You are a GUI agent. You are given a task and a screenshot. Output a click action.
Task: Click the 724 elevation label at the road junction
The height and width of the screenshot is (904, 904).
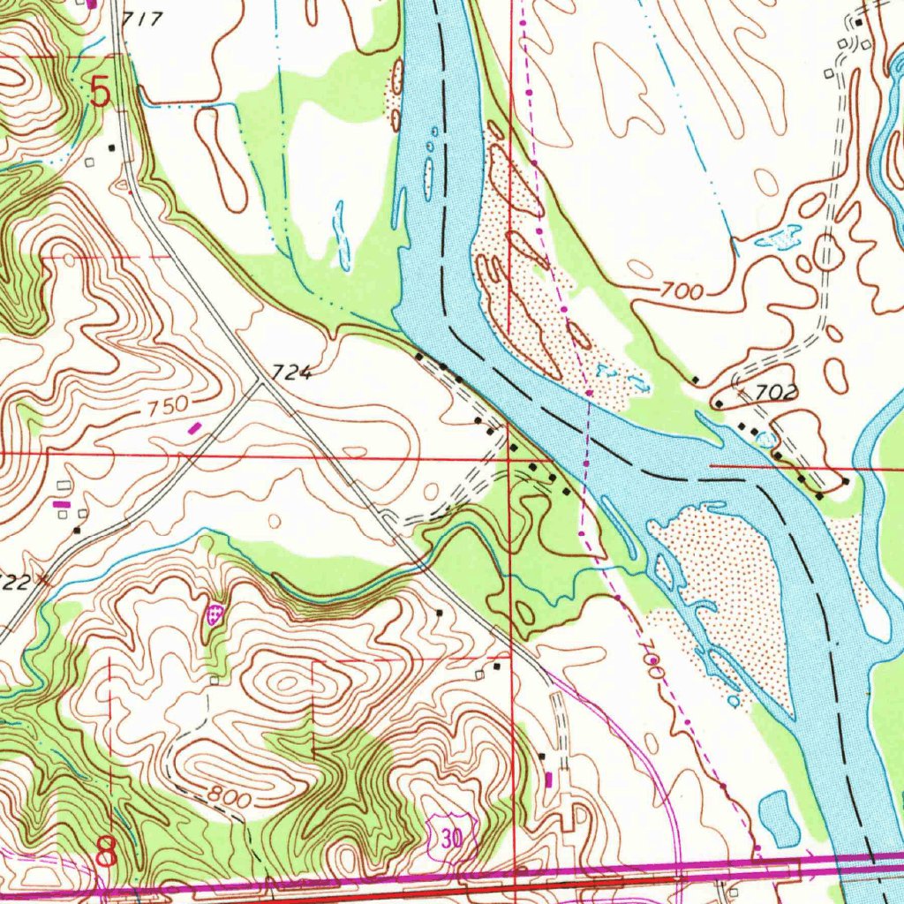pyautogui.click(x=292, y=373)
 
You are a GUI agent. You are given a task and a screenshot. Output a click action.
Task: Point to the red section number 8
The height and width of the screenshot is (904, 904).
pyautogui.click(x=106, y=853)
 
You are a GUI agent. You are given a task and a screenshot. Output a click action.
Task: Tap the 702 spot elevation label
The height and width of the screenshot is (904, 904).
pyautogui.click(x=778, y=393)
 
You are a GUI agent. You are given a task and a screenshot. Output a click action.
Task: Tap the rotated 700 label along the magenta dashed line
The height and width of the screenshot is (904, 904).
pyautogui.click(x=652, y=659)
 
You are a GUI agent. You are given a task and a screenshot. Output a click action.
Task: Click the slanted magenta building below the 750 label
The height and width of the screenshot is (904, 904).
pyautogui.click(x=195, y=427)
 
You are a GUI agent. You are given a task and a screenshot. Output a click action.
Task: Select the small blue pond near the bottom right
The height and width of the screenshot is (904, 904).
pyautogui.click(x=779, y=817)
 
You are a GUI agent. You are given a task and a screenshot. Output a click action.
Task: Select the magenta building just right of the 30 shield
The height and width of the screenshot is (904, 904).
pyautogui.click(x=549, y=779)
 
